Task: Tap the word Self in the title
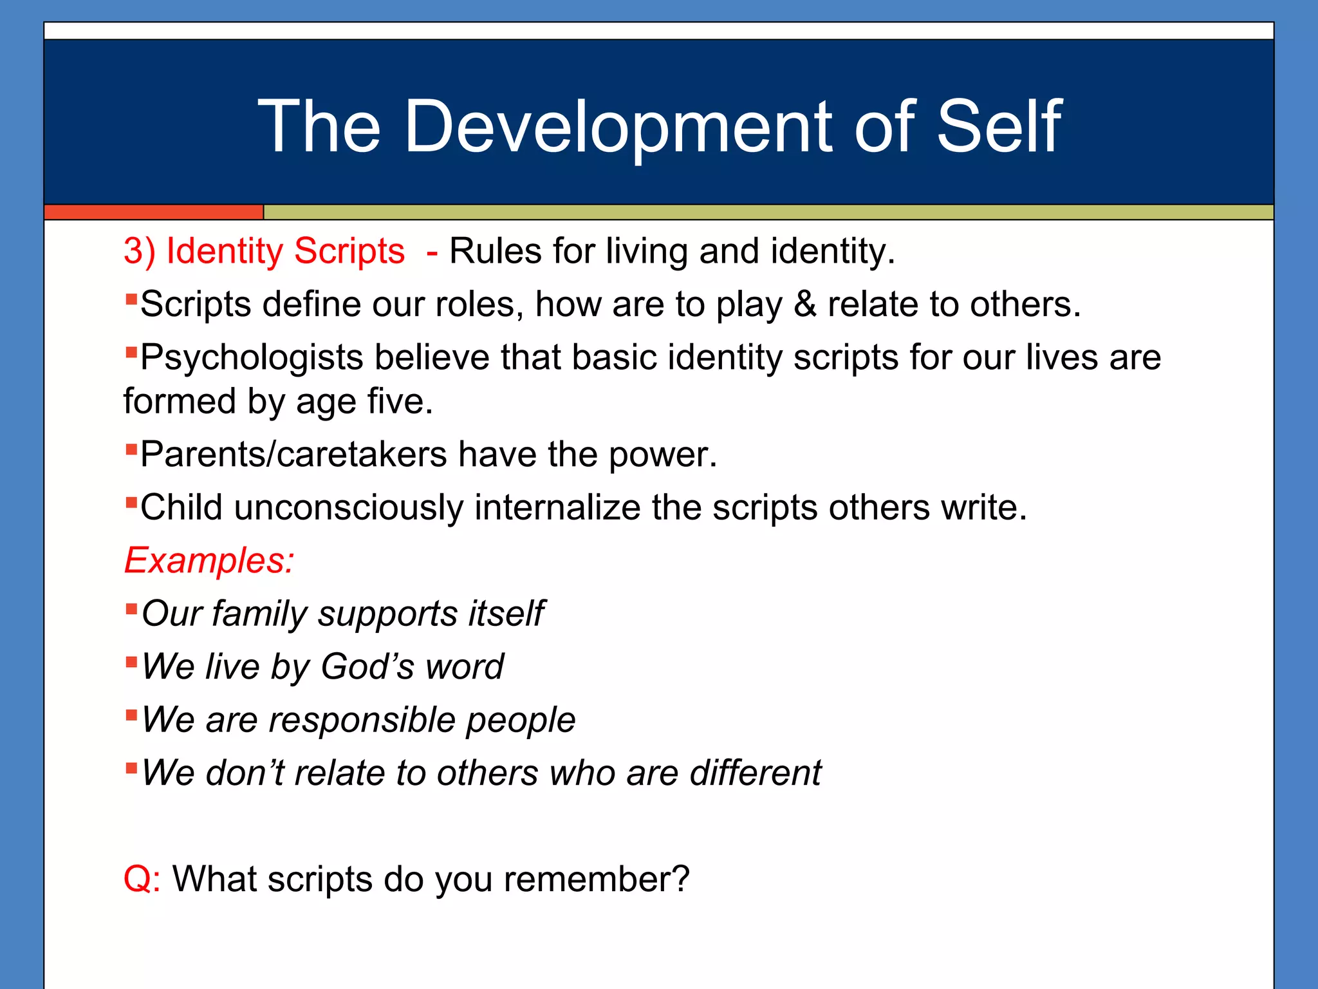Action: click(x=998, y=127)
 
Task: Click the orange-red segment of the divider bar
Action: click(x=153, y=212)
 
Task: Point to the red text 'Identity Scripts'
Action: click(x=285, y=251)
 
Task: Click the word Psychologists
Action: click(x=252, y=358)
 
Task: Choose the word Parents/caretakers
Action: click(x=293, y=455)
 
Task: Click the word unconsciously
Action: click(x=348, y=508)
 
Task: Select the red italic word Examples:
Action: click(x=209, y=561)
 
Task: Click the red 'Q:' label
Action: click(x=142, y=880)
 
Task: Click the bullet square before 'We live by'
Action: click(x=131, y=661)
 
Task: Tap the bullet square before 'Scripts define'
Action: click(x=131, y=299)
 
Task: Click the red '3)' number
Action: click(x=139, y=251)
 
